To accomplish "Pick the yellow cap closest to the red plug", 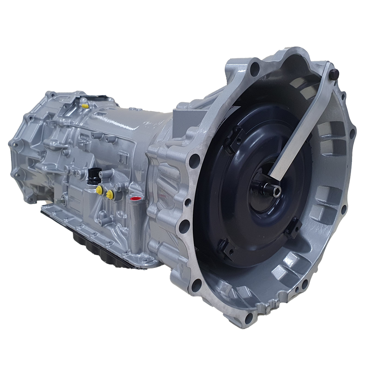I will click(x=110, y=195).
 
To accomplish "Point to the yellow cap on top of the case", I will click(x=84, y=105).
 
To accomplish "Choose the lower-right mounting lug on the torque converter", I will click(x=294, y=226).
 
